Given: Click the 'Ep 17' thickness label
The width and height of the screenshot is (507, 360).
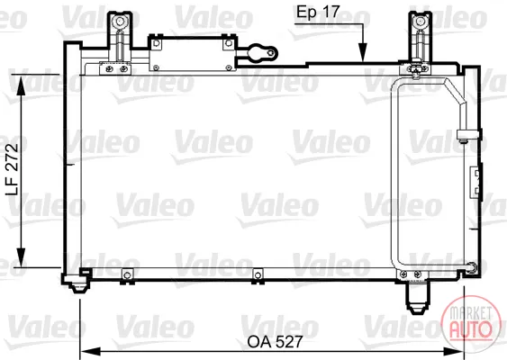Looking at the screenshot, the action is (318, 13).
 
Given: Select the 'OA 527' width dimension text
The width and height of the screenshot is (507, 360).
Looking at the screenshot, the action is (276, 342).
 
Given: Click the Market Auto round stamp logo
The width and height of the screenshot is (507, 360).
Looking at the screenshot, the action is (471, 324).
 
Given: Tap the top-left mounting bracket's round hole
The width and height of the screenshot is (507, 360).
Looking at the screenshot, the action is (120, 22).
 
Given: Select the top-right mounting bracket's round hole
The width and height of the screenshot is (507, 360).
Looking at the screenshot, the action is (420, 22).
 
